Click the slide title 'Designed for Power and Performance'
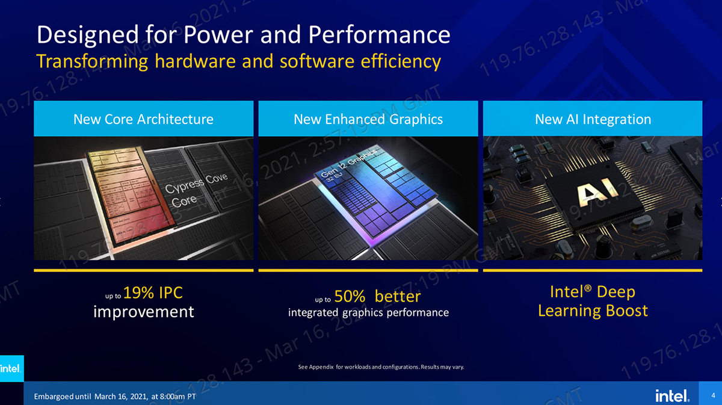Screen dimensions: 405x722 (x=243, y=35)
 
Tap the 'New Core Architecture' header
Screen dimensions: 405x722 (x=143, y=119)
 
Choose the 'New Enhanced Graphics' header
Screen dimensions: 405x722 (x=368, y=119)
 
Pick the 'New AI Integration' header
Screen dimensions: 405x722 (x=593, y=119)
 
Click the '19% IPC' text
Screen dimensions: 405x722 (x=153, y=293)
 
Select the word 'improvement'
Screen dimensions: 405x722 (x=144, y=312)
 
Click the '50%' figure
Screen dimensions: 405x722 (x=351, y=296)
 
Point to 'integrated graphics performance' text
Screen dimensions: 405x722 (x=368, y=312)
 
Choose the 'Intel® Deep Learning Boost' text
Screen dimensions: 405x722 (x=593, y=301)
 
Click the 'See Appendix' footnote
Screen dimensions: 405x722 (x=381, y=366)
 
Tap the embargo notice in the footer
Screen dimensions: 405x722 (x=115, y=397)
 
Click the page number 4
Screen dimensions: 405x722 (x=713, y=395)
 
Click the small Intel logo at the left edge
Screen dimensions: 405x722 (x=10, y=368)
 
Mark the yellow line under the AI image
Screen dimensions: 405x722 (x=593, y=270)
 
